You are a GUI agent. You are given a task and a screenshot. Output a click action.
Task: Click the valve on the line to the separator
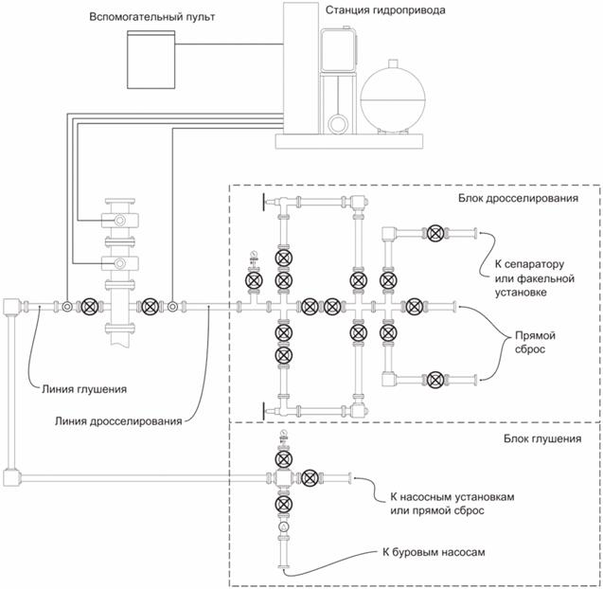435,233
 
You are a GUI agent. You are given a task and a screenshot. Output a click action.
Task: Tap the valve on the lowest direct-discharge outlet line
435,380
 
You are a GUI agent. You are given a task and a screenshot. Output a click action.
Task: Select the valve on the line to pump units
310,476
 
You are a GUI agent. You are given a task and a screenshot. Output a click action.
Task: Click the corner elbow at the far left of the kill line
12,306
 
